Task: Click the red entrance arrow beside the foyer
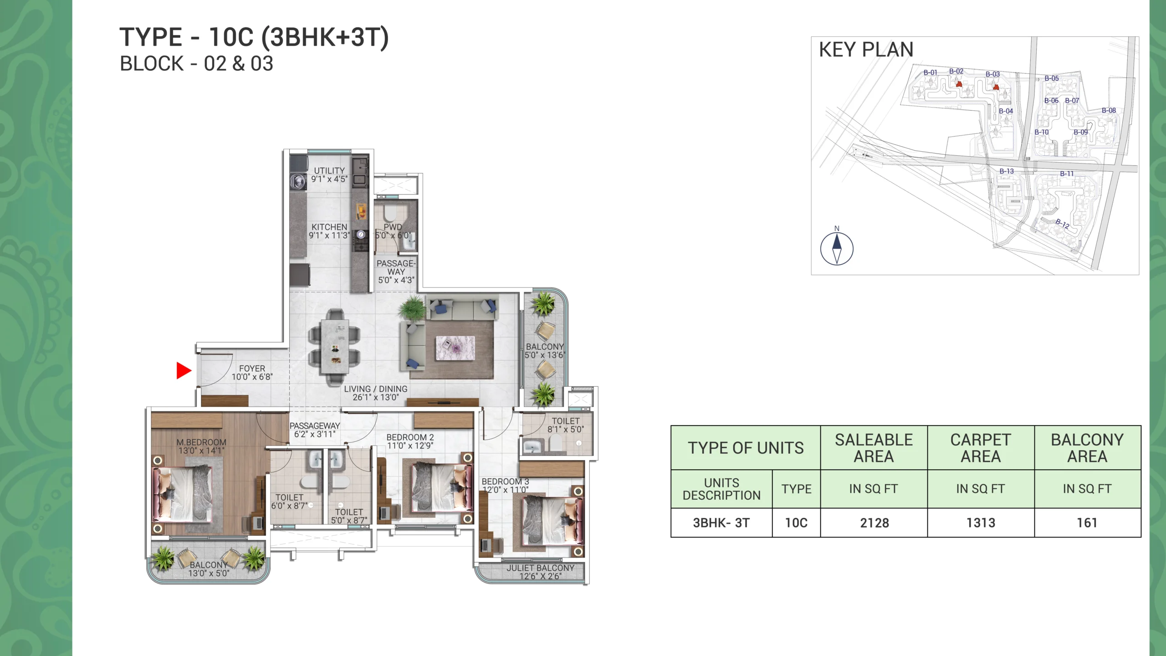click(x=184, y=370)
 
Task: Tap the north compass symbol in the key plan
click(x=837, y=248)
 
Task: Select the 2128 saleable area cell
click(x=874, y=523)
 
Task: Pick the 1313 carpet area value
click(x=981, y=523)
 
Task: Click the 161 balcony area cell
click(x=1087, y=523)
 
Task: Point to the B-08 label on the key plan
click(x=1109, y=110)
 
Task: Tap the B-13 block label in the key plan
click(x=1007, y=171)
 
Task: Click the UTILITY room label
click(x=329, y=170)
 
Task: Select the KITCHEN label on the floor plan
click(x=329, y=227)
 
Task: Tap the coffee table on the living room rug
click(x=455, y=348)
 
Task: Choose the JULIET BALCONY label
click(x=541, y=568)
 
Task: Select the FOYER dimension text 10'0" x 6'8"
click(x=252, y=377)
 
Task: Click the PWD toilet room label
click(x=393, y=227)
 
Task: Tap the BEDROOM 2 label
click(x=410, y=437)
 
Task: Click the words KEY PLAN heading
click(x=866, y=49)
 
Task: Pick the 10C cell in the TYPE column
click(x=796, y=523)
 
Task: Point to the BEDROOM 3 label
click(x=506, y=482)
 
